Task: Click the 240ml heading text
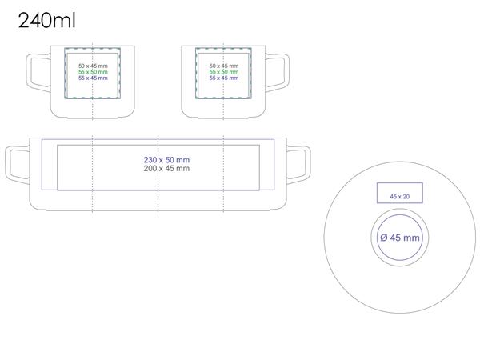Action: [47, 21]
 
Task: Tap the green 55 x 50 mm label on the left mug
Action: [93, 72]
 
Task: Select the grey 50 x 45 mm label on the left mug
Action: [93, 66]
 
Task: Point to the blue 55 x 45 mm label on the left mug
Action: [93, 78]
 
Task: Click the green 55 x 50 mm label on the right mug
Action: [224, 72]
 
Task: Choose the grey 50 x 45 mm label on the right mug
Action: [224, 66]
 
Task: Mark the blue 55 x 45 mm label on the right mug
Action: [224, 78]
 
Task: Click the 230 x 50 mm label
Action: [166, 160]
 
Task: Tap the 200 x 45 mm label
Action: [166, 168]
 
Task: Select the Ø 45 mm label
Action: [400, 238]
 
